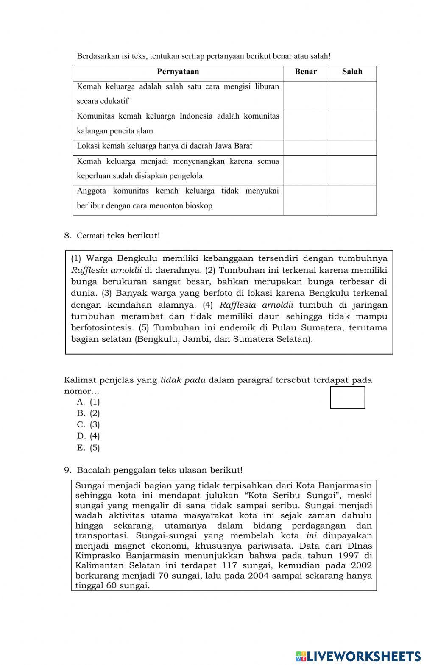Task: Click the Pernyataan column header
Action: (x=178, y=72)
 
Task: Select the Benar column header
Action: (x=306, y=72)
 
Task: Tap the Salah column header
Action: (x=352, y=72)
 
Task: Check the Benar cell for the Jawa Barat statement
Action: (x=306, y=148)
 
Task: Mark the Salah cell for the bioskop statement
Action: (x=352, y=200)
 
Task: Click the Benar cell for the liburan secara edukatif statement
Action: (x=306, y=96)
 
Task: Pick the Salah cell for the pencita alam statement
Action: (x=352, y=125)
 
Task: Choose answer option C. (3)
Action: (x=89, y=424)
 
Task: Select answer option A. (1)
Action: (x=89, y=402)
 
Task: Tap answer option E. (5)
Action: (x=89, y=448)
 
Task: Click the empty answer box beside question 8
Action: (x=348, y=397)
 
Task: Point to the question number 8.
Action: (x=67, y=236)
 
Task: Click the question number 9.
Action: (x=67, y=470)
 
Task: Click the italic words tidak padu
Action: (x=183, y=380)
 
